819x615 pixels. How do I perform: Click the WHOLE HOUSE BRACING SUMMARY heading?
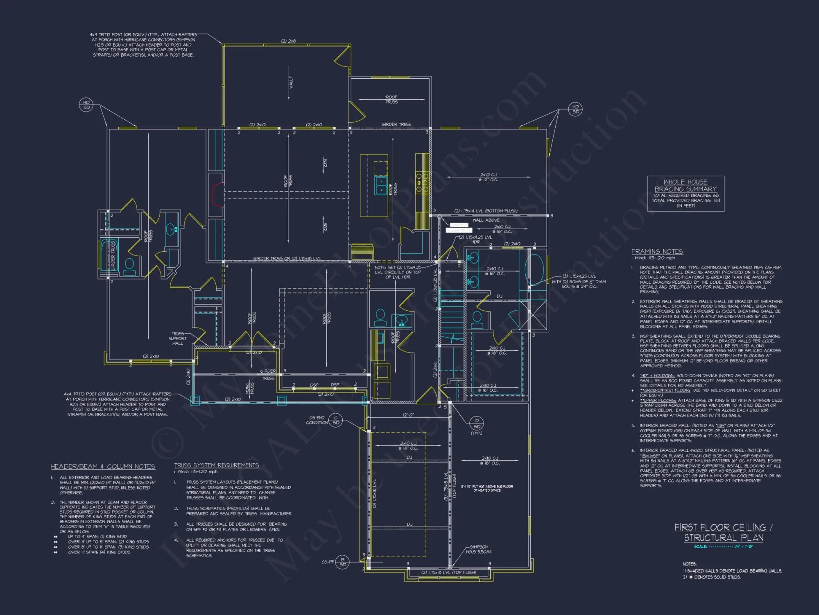(x=686, y=185)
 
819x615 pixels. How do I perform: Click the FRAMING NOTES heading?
(x=657, y=251)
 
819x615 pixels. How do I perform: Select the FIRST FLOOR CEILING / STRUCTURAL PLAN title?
(x=724, y=533)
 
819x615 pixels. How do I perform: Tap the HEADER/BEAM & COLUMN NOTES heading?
(x=103, y=467)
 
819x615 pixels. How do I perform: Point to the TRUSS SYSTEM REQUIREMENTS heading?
(x=217, y=465)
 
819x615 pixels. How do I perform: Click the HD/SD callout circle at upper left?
(x=86, y=105)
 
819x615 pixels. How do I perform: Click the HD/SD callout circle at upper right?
(x=575, y=109)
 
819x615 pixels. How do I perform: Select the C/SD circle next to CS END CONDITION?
(x=335, y=421)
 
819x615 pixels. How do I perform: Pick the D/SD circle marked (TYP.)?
(x=477, y=424)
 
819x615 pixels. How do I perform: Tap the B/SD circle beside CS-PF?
(x=343, y=562)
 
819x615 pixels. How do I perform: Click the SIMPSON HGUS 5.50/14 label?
(x=478, y=549)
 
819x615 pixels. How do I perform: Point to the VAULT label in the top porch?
(x=291, y=82)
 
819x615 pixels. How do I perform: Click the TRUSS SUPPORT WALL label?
(x=178, y=339)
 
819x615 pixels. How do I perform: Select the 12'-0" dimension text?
(x=408, y=415)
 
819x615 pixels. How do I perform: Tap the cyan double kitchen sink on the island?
(x=381, y=185)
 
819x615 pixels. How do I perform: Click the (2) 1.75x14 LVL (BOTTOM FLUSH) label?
(x=486, y=211)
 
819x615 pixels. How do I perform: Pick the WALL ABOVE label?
(x=486, y=220)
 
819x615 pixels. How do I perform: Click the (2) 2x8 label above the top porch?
(x=288, y=41)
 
